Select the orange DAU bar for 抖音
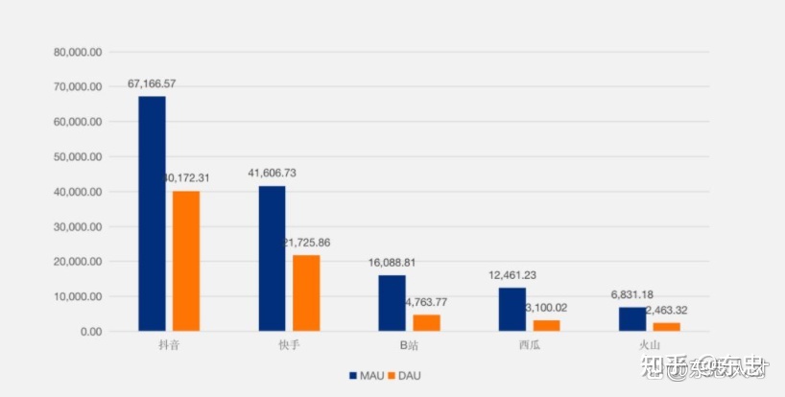[x=186, y=261]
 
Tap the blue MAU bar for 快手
[x=272, y=258]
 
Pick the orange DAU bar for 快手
[x=306, y=292]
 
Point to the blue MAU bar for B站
[x=392, y=303]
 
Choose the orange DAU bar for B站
[x=426, y=322]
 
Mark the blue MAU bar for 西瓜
[x=511, y=309]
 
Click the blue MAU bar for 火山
[x=631, y=318]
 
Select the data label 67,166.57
[x=152, y=84]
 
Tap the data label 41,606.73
[x=272, y=174]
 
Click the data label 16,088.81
[x=392, y=262]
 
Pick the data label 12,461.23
[x=511, y=275]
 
